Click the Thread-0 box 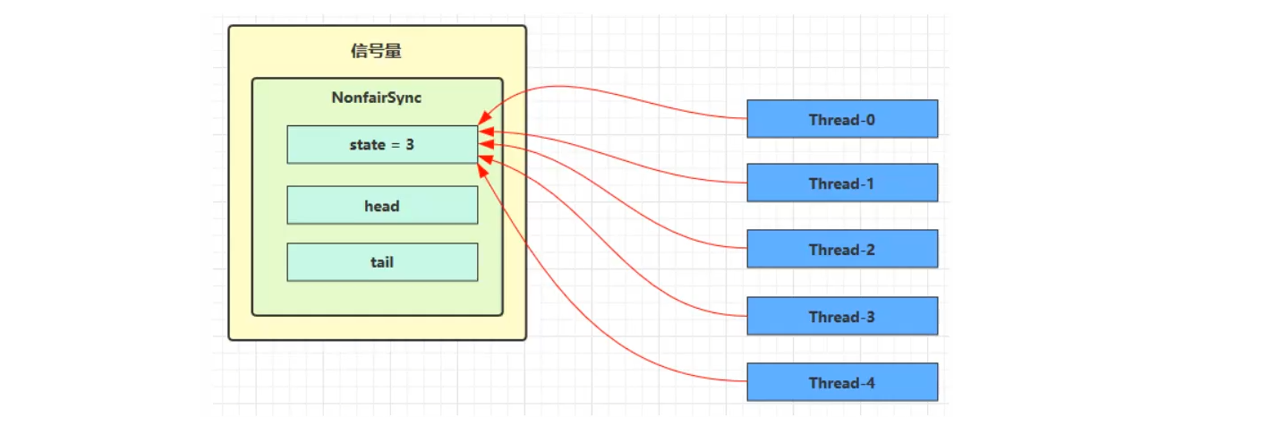[x=842, y=119]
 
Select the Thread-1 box [x=842, y=183]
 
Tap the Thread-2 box [x=842, y=250]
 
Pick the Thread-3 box [x=842, y=317]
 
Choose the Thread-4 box [x=842, y=383]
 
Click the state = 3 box [x=382, y=144]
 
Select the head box [x=382, y=206]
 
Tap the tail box [x=382, y=262]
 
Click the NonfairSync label [x=377, y=98]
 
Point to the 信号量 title [x=377, y=51]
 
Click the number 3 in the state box [x=410, y=144]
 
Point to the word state [x=367, y=144]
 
